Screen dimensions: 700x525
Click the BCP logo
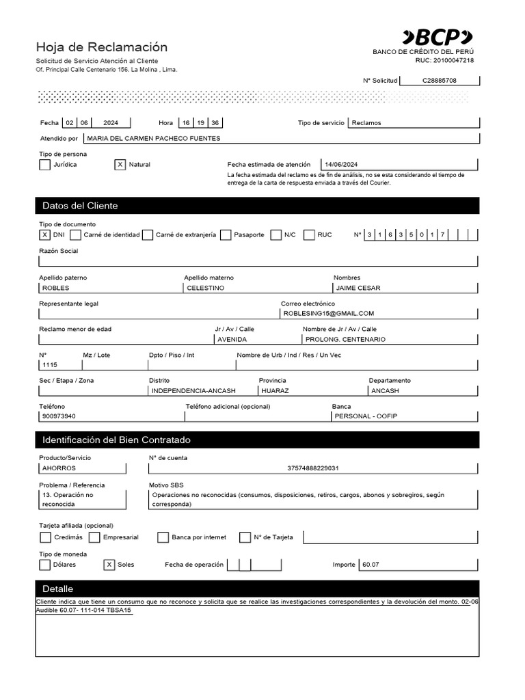[437, 37]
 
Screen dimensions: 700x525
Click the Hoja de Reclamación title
[101, 47]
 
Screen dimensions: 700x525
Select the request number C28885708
[439, 81]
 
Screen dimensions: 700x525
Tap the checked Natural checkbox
[120, 165]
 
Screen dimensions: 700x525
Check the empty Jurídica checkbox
[45, 165]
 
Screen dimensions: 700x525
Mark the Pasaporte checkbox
[226, 234]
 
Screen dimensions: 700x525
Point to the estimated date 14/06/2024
[342, 165]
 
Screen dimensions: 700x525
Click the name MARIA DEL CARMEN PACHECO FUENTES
[153, 138]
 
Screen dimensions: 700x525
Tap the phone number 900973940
[59, 416]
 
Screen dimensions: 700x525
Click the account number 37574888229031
[313, 468]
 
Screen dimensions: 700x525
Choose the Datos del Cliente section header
[80, 206]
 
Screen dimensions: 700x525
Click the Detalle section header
[58, 589]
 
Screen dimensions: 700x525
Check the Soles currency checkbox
[109, 565]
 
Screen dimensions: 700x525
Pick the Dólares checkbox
[45, 565]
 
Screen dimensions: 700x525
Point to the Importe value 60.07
[371, 565]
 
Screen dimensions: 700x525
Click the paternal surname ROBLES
[56, 288]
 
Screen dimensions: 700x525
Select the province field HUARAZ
[275, 391]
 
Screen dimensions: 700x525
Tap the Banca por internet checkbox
[163, 537]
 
